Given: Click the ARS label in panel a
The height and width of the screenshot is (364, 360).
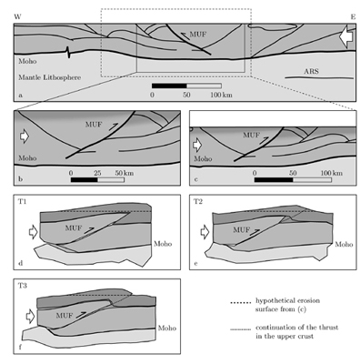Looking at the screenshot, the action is point(312,71).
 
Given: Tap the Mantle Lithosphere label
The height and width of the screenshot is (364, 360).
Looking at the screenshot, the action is point(50,77).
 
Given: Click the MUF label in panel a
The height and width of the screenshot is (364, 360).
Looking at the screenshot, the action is point(198,35).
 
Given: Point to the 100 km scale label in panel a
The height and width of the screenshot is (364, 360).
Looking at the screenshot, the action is point(221,95).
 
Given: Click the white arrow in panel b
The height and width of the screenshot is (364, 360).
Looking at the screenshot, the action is point(25,136).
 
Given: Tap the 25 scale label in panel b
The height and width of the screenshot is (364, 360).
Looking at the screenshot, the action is point(97,173).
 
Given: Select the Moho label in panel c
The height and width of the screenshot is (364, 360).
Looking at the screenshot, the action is point(203,158).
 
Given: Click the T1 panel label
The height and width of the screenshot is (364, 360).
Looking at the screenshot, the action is point(22,201).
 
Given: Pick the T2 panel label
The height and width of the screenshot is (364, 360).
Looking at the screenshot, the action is point(198,202).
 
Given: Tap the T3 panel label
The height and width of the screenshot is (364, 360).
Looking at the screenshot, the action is point(23,286).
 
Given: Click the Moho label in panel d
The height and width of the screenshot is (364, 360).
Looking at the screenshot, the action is point(163,244).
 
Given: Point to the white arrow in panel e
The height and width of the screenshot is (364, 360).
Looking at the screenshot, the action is point(205,232).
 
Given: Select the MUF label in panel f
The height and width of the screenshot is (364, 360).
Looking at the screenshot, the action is point(65,316).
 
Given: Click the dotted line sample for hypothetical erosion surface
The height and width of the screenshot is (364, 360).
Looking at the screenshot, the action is point(241,302).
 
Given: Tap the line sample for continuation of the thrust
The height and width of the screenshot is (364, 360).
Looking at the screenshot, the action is point(241,329).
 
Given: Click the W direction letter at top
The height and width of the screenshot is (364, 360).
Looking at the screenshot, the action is point(17,17).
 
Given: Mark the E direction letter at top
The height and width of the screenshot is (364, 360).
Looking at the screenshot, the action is point(353,17).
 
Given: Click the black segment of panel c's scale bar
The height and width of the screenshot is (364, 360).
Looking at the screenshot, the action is point(274,180).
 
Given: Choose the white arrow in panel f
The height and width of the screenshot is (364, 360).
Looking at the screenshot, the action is point(31,317).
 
